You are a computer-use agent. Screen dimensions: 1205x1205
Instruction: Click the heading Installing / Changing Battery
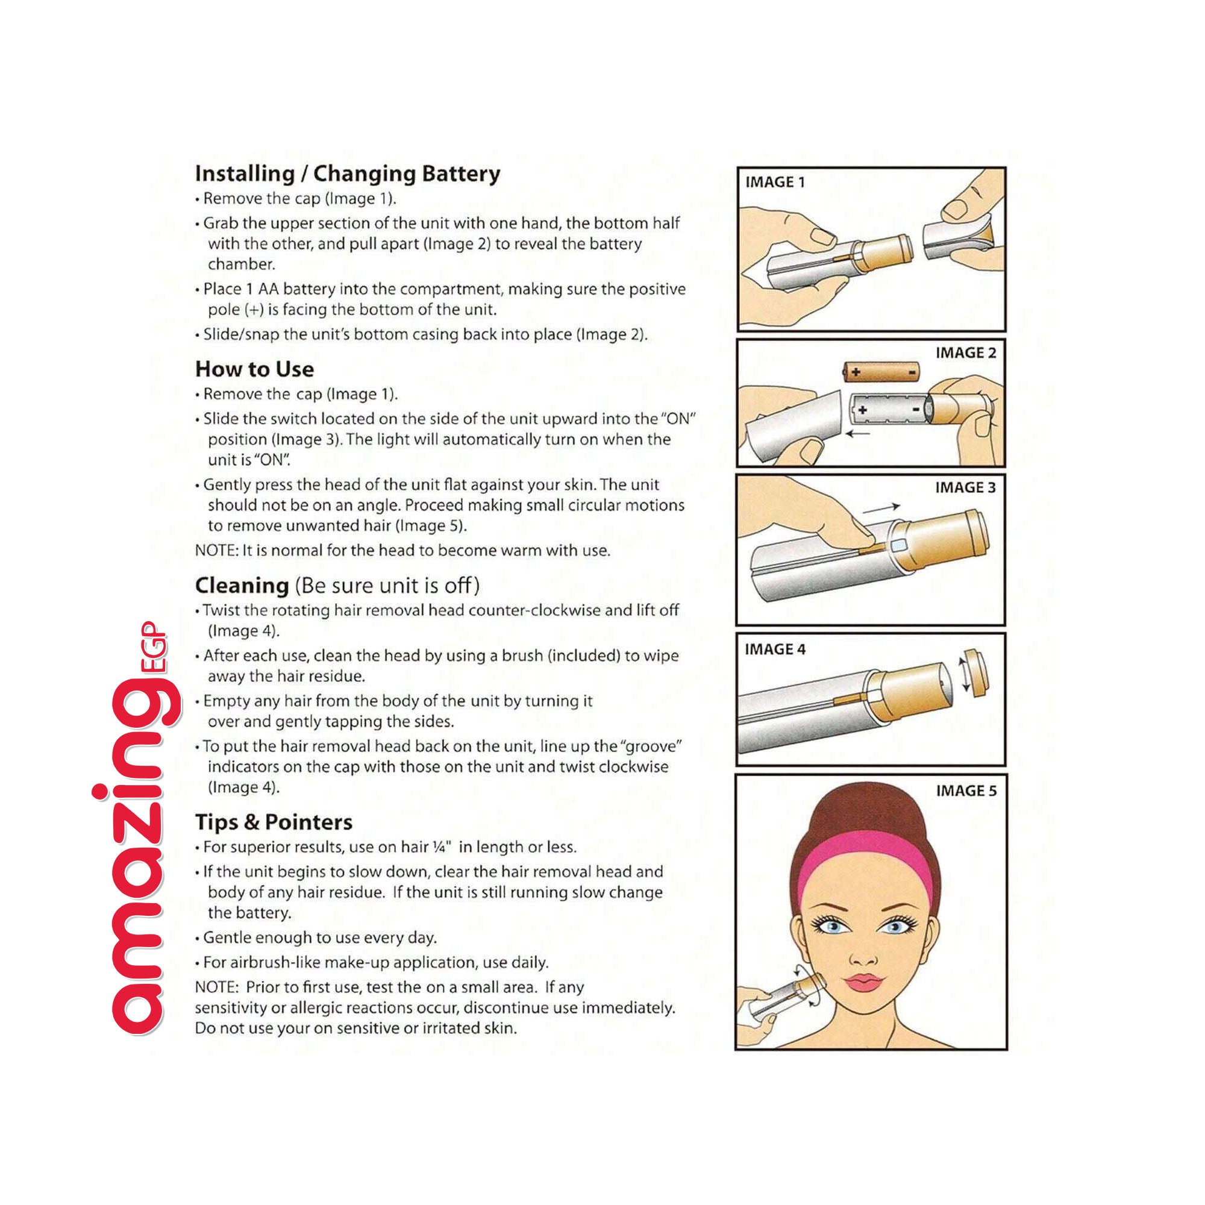[348, 174]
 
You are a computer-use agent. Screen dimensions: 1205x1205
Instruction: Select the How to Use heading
[254, 369]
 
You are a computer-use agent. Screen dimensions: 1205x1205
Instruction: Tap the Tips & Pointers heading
[274, 822]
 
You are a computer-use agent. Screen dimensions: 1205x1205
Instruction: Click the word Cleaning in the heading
[242, 586]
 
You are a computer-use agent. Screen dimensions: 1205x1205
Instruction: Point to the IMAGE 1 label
[775, 182]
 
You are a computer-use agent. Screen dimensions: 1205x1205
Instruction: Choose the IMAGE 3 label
[965, 488]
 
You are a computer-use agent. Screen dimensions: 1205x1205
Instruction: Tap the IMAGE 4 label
[775, 649]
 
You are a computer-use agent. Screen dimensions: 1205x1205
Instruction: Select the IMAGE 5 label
[966, 791]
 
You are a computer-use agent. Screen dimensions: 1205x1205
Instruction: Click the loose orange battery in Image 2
[881, 372]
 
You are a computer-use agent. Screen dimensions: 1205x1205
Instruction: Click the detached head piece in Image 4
[974, 673]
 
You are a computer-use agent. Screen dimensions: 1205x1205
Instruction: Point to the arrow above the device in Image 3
[881, 510]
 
